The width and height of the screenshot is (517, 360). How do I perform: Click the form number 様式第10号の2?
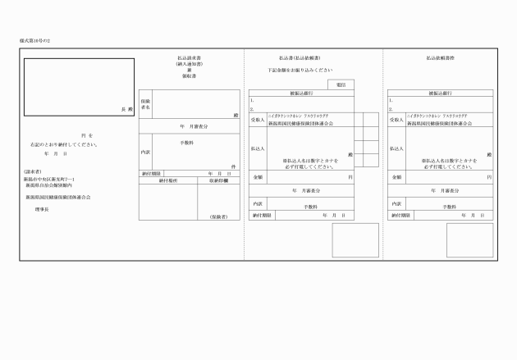36,39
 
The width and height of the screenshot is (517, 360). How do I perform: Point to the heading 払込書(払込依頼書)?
299,58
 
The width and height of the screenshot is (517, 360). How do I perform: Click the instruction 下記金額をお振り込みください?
300,70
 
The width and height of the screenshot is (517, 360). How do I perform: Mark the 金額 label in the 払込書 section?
258,176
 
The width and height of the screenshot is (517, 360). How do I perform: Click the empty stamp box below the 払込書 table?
355,240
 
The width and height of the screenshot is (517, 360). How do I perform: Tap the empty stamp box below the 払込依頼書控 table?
470,240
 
